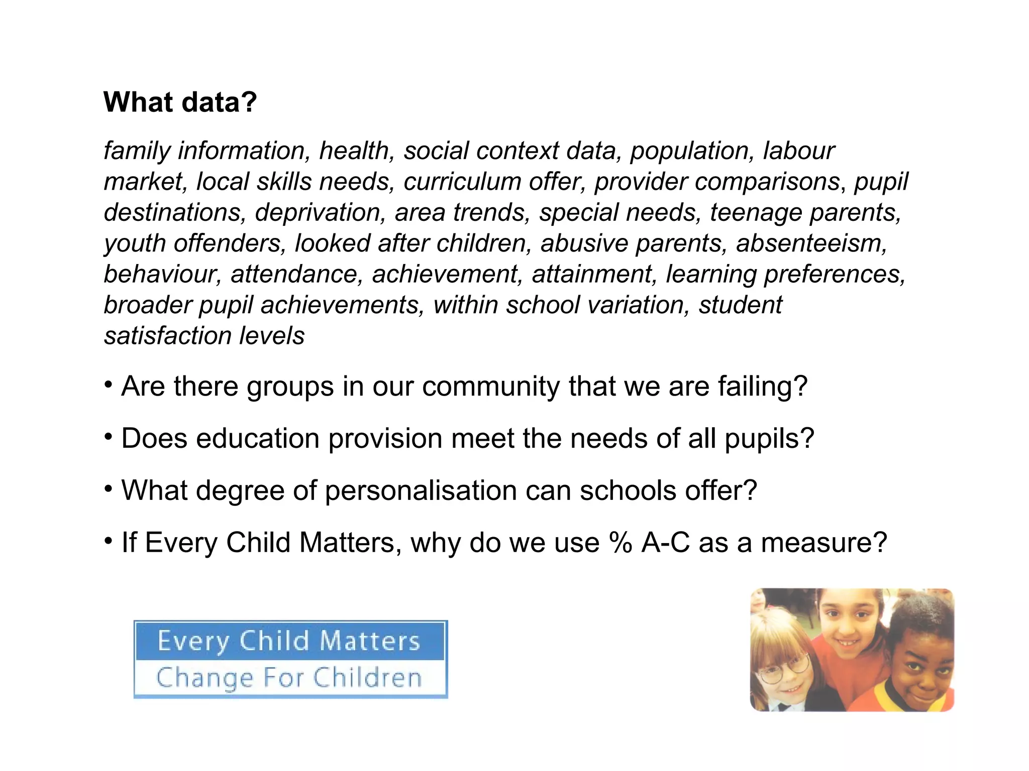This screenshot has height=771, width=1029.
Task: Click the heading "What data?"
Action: [180, 102]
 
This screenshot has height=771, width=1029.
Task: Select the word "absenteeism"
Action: [811, 243]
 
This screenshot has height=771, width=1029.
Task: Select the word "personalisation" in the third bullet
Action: [421, 490]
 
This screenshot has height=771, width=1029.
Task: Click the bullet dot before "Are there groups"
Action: [108, 385]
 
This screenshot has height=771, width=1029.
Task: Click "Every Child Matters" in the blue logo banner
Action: [289, 641]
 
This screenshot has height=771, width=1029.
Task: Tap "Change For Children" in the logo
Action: [289, 678]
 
